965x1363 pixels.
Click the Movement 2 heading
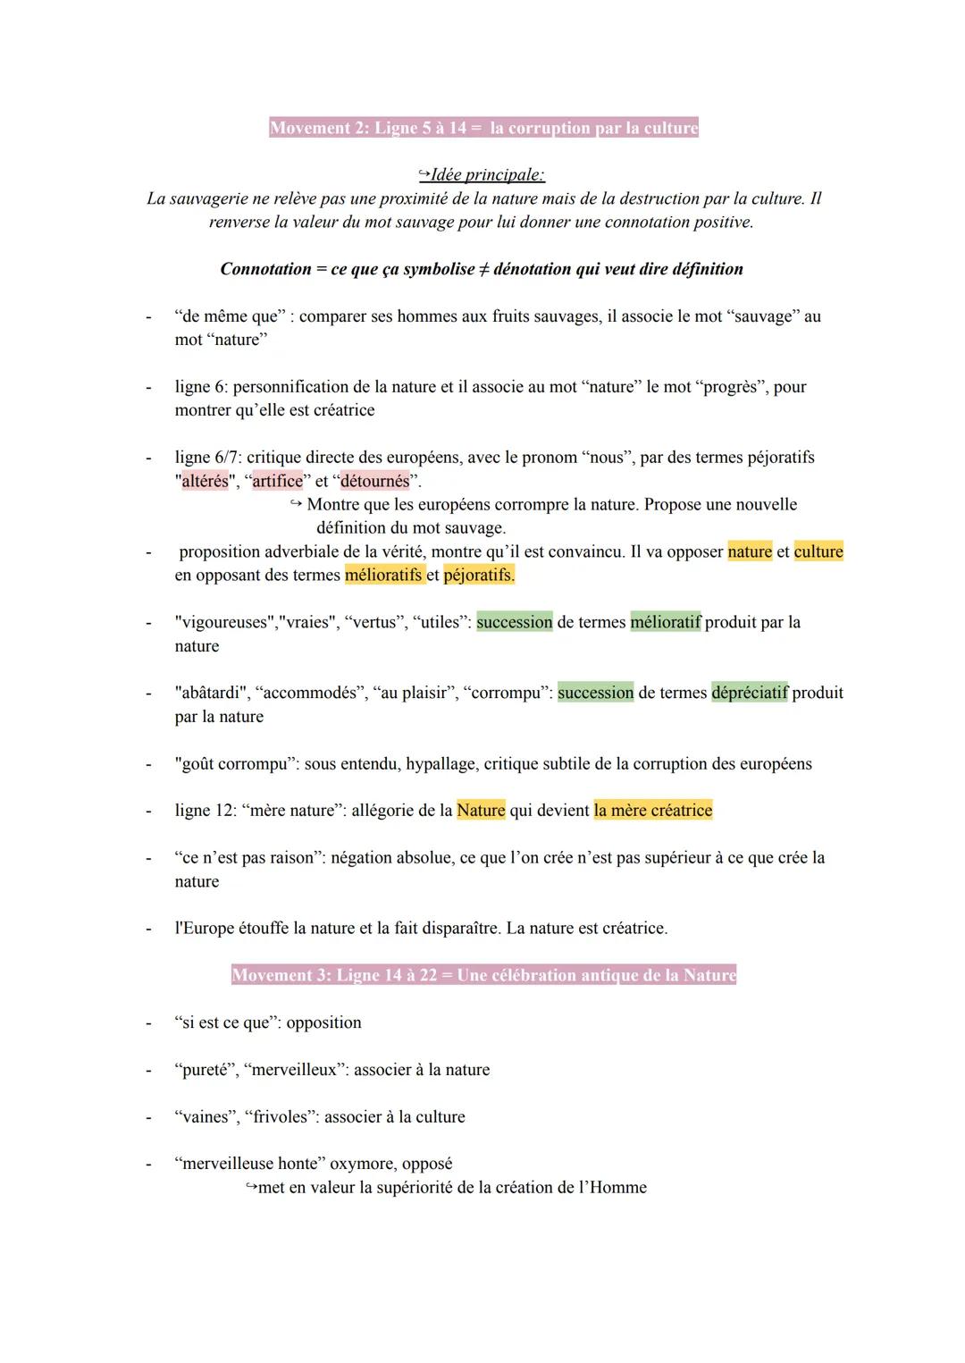[x=483, y=128]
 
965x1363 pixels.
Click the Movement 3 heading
[x=483, y=975]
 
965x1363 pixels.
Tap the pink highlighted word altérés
[x=205, y=481]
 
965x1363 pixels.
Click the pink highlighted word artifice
[x=277, y=481]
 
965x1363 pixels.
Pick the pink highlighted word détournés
[x=374, y=481]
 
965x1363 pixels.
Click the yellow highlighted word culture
[x=818, y=551]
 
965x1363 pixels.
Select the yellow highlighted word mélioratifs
[x=383, y=575]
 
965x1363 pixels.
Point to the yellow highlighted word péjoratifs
[x=478, y=575]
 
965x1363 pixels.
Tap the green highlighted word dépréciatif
[x=750, y=693]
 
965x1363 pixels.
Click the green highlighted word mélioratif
[x=666, y=622]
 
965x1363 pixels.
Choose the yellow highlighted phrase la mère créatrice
[x=652, y=811]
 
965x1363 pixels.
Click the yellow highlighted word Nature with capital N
[x=481, y=811]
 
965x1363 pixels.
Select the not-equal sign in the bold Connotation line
[x=483, y=269]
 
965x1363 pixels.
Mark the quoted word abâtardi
[x=210, y=693]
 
